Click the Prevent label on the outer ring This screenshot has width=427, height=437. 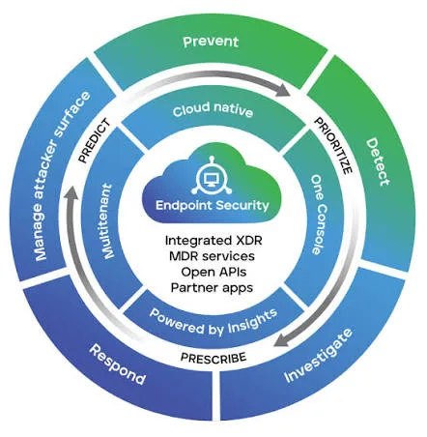pyautogui.click(x=211, y=42)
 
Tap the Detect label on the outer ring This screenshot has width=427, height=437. pyautogui.click(x=378, y=161)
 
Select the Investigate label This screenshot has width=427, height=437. pyautogui.click(x=319, y=356)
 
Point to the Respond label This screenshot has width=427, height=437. pyautogui.click(x=117, y=364)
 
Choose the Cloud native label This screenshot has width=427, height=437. pyautogui.click(x=213, y=109)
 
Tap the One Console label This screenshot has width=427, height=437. pyautogui.click(x=319, y=215)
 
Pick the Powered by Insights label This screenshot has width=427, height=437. pyautogui.click(x=213, y=323)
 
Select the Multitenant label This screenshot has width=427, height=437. pyautogui.click(x=108, y=221)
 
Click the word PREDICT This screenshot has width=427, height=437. pyautogui.click(x=94, y=140)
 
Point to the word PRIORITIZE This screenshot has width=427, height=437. pyautogui.click(x=333, y=146)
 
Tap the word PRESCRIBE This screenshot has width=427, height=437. pyautogui.click(x=213, y=358)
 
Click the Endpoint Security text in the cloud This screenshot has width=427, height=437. pyautogui.click(x=213, y=205)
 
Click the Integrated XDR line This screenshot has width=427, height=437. pyautogui.click(x=213, y=241)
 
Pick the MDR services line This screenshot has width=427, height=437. pyautogui.click(x=212, y=256)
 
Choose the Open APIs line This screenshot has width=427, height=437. pyautogui.click(x=213, y=272)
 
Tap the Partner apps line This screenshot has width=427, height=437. pyautogui.click(x=212, y=287)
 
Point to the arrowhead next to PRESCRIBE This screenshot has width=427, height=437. pyautogui.click(x=282, y=340)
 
